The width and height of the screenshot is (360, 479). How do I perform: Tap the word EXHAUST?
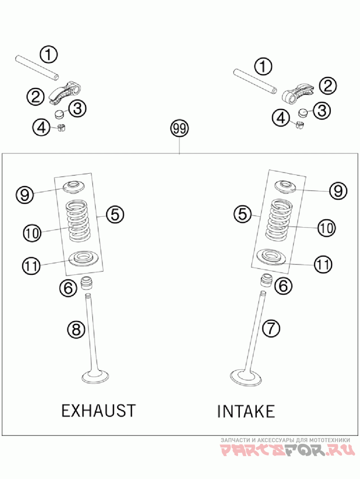pyautogui.click(x=98, y=411)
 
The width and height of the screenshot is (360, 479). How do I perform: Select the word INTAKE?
pyautogui.click(x=246, y=411)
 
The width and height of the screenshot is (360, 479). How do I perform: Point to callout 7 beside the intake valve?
pyautogui.click(x=271, y=329)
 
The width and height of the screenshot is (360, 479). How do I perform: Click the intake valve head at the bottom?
pyautogui.click(x=246, y=377)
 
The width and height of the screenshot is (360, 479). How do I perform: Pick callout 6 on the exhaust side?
pyautogui.click(x=68, y=288)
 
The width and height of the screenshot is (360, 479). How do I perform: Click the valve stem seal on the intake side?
pyautogui.click(x=266, y=280)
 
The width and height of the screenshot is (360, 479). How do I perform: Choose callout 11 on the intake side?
pyautogui.click(x=322, y=264)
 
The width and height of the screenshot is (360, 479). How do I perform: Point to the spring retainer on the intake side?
pyautogui.click(x=284, y=185)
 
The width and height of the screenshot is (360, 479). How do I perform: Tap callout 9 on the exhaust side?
pyautogui.click(x=25, y=194)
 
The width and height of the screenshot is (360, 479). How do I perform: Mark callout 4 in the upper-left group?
pyautogui.click(x=41, y=128)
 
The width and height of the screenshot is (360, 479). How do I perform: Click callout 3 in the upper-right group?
pyautogui.click(x=321, y=111)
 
